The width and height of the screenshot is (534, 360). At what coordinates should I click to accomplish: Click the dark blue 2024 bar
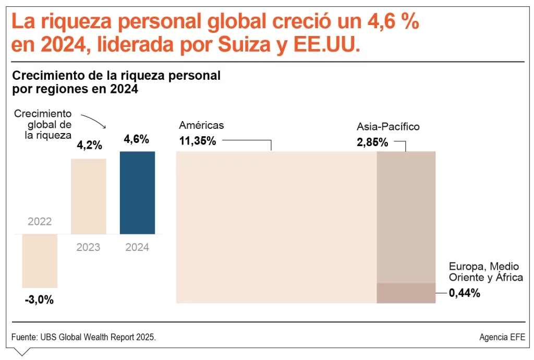(x=137, y=193)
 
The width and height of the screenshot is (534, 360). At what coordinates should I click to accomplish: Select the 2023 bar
(x=88, y=196)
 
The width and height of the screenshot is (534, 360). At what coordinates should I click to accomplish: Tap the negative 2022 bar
(x=40, y=260)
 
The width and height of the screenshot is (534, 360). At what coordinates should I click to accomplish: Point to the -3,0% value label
(x=39, y=300)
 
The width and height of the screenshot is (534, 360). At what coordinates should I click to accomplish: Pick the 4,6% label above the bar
(x=137, y=139)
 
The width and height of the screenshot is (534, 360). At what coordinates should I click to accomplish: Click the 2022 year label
(x=40, y=222)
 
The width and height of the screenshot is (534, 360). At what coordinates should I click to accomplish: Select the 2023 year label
(x=88, y=247)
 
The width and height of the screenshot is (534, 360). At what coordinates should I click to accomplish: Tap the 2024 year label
(x=137, y=247)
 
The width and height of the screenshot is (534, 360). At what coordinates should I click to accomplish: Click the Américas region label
(x=201, y=125)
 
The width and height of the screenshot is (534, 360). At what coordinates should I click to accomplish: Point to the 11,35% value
(x=198, y=141)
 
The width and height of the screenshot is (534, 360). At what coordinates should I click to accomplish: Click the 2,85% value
(x=372, y=142)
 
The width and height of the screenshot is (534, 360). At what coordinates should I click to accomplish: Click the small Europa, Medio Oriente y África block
(x=406, y=293)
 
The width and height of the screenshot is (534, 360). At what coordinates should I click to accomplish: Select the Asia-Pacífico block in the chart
(x=406, y=217)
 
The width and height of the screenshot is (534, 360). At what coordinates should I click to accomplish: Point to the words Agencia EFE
(x=502, y=337)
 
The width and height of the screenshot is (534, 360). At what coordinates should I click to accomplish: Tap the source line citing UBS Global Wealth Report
(x=83, y=337)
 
